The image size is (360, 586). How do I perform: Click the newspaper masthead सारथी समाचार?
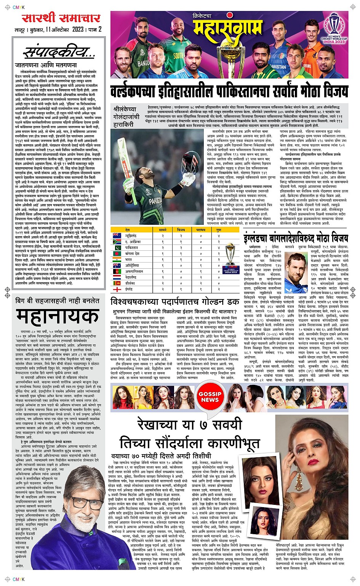click(61, 18)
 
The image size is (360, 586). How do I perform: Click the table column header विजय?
click(181, 230)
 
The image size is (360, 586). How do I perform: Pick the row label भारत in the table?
click(129, 259)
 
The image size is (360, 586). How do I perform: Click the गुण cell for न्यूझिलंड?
click(219, 236)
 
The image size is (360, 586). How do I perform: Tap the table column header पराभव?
click(200, 230)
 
